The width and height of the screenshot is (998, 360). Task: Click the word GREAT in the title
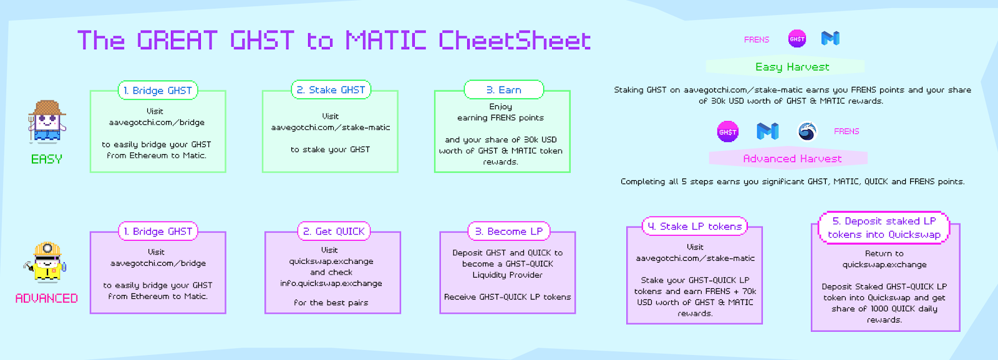tap(177, 41)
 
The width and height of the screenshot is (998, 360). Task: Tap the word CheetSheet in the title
tap(515, 41)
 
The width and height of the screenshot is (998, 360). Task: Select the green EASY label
tap(47, 159)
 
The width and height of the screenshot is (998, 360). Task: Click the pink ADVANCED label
tap(47, 298)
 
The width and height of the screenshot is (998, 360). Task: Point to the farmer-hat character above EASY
tap(47, 122)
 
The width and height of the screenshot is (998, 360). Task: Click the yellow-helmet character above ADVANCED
tap(47, 262)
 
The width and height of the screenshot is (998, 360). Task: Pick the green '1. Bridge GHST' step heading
tap(158, 90)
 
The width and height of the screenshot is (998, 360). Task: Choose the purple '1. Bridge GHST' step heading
tap(158, 231)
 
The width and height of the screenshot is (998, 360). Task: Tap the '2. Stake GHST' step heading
tap(331, 90)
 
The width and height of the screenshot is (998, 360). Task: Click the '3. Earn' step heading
tap(503, 90)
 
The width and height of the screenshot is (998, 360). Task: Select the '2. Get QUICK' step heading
tap(334, 231)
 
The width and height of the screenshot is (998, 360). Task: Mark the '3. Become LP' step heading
tap(509, 231)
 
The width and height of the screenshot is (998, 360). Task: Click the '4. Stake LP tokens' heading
tap(695, 226)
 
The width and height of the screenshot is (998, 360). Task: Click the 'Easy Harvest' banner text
tap(792, 67)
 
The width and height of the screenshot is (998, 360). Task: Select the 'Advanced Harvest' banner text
tap(792, 158)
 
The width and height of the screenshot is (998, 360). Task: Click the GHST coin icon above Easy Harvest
tap(797, 39)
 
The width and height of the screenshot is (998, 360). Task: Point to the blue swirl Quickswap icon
tap(807, 131)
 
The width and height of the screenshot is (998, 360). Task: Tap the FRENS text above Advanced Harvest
tap(846, 131)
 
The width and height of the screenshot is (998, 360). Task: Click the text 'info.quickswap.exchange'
tap(331, 283)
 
